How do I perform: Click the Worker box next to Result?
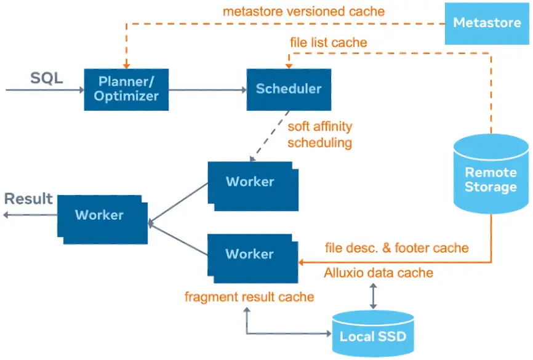(x=99, y=215)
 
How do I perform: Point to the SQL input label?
(x=47, y=79)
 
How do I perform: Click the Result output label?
(x=28, y=199)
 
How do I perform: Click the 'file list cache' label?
(x=329, y=42)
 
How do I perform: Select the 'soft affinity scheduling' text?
(x=320, y=135)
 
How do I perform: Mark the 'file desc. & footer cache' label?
(x=396, y=248)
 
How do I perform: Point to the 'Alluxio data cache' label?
(x=379, y=273)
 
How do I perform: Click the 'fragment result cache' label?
(x=249, y=297)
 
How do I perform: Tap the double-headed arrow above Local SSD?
(x=372, y=297)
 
